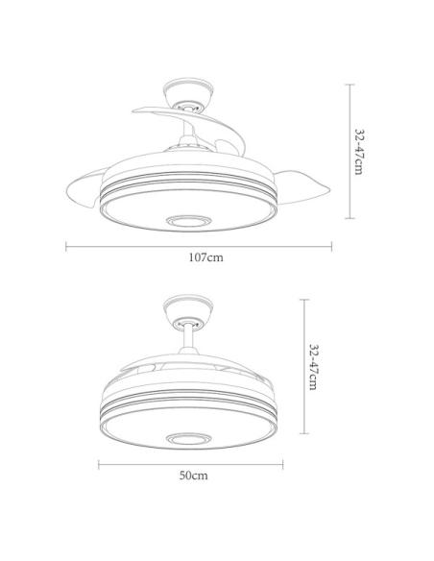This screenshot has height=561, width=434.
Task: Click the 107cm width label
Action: [x=205, y=257]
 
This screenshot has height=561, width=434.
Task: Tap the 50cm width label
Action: [x=193, y=476]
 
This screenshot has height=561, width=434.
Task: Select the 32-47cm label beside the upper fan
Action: [x=359, y=152]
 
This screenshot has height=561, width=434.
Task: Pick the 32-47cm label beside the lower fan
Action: [x=313, y=367]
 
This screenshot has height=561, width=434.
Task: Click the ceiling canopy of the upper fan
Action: [x=188, y=94]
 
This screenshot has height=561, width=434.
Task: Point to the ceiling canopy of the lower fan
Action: [x=188, y=310]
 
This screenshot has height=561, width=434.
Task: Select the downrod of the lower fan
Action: [x=188, y=338]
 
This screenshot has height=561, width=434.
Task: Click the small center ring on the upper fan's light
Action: [x=187, y=221]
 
